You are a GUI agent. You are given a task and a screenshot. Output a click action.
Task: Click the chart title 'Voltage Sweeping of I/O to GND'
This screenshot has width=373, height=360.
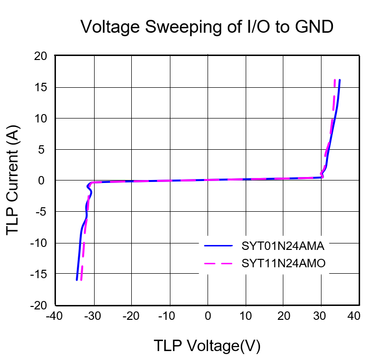coord(207,27)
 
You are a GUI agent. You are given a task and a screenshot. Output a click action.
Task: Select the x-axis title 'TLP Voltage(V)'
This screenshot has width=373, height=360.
coord(207,346)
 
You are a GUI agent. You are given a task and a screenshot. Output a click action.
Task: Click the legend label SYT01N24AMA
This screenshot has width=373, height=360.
coord(283,245)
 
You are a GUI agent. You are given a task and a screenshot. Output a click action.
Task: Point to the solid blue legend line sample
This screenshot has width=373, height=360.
coord(218,245)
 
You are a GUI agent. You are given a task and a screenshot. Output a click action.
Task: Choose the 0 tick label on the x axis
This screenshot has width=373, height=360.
coord(208,316)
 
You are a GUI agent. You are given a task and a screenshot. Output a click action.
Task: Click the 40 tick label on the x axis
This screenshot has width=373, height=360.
coord(353,316)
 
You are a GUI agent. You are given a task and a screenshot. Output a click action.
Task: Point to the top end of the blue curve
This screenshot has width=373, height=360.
coord(340,80)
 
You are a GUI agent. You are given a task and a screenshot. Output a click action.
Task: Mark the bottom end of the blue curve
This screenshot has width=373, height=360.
coord(77,280)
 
